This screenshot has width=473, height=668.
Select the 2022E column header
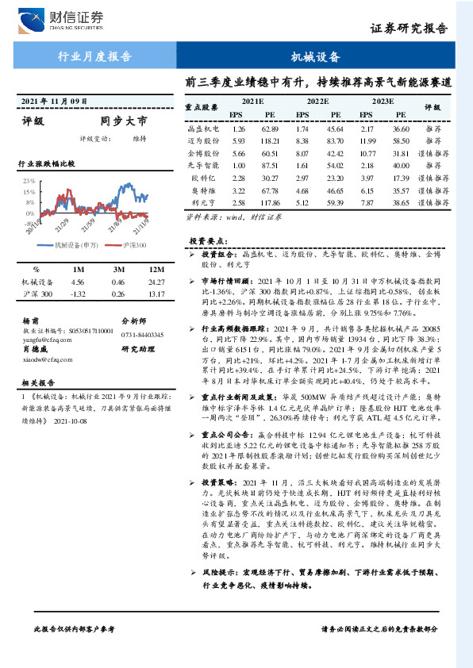click(x=317, y=102)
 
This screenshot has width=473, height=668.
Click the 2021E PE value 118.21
click(x=271, y=139)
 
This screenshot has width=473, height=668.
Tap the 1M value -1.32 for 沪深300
click(x=78, y=294)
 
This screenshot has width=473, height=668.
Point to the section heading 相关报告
click(x=37, y=381)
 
